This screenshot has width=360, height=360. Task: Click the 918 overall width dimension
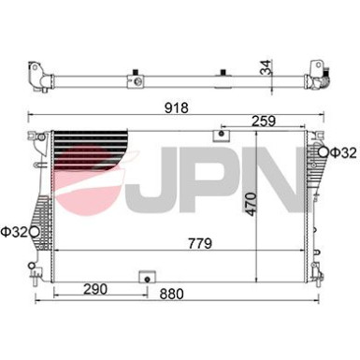point(177,108)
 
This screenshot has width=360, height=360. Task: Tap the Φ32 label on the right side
point(341,152)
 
